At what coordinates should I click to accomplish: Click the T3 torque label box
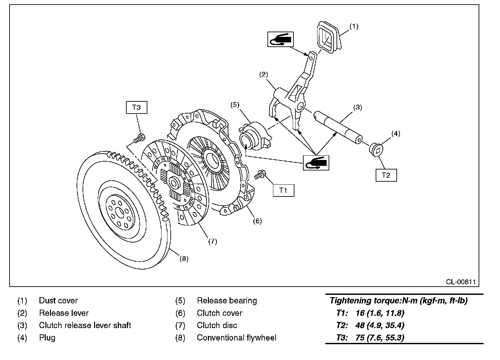pos(136,107)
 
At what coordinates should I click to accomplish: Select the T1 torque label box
pos(283,190)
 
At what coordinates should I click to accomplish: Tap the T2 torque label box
pos(386,175)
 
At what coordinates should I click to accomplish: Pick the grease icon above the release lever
pos(280,39)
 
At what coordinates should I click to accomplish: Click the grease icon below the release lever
pos(316,162)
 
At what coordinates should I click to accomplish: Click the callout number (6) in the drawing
pos(257,221)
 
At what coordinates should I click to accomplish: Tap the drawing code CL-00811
pos(461,282)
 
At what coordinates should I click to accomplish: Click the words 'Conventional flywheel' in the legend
pos(237,338)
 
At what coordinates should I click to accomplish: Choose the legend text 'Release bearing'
pos(227,300)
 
